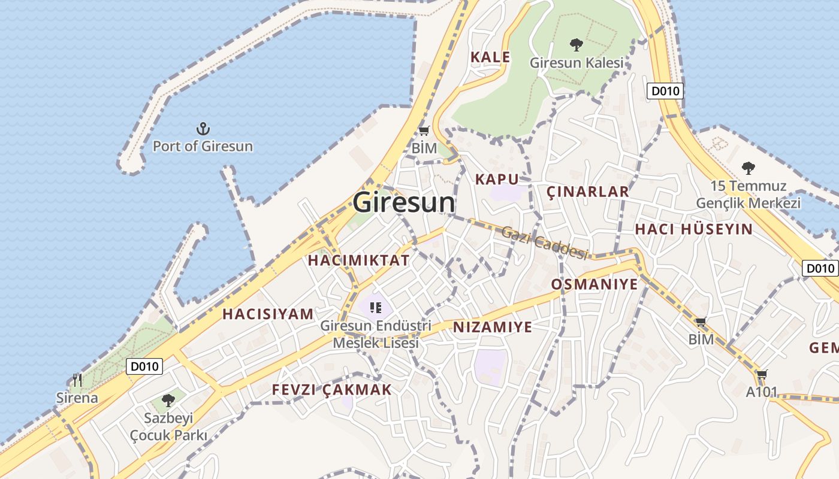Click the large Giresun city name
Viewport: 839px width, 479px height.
point(404,202)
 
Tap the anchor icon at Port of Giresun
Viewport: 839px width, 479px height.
point(203,128)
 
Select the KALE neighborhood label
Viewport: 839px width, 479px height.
point(490,57)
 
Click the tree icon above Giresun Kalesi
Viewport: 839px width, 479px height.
point(577,44)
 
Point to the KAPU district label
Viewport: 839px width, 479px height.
point(497,179)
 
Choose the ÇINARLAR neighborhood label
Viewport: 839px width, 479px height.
point(588,192)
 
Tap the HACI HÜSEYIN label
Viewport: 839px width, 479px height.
point(693,229)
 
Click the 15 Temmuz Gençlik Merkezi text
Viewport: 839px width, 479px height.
point(748,195)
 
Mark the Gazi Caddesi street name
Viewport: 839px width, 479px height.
point(544,243)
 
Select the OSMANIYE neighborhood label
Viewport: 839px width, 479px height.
point(594,284)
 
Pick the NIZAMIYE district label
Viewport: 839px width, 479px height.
point(493,327)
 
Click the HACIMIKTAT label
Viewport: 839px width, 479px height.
point(358,260)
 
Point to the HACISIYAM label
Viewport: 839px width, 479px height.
point(268,314)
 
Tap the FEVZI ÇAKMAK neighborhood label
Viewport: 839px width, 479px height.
point(331,390)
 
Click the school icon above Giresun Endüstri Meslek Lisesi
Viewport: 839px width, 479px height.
point(376,308)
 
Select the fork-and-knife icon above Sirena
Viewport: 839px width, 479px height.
point(77,380)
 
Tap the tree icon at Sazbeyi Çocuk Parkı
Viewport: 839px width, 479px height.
point(168,400)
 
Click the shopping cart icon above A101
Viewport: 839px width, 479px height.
point(762,375)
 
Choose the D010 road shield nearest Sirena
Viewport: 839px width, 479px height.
point(144,366)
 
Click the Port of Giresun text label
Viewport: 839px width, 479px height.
point(203,146)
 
